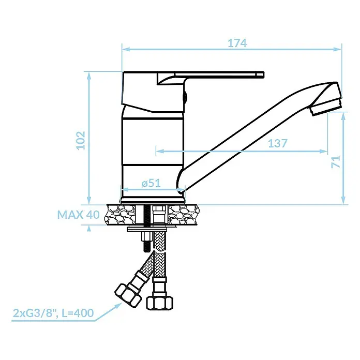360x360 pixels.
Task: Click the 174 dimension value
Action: pyautogui.click(x=237, y=43)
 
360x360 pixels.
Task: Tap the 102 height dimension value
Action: pyautogui.click(x=81, y=140)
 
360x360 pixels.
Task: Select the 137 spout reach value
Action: pyautogui.click(x=278, y=143)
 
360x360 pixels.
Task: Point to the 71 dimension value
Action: pyautogui.click(x=336, y=161)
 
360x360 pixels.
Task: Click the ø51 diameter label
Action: pyautogui.click(x=151, y=183)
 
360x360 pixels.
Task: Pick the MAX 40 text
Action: pyautogui.click(x=78, y=215)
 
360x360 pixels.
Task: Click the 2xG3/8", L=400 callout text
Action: pyautogui.click(x=53, y=313)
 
